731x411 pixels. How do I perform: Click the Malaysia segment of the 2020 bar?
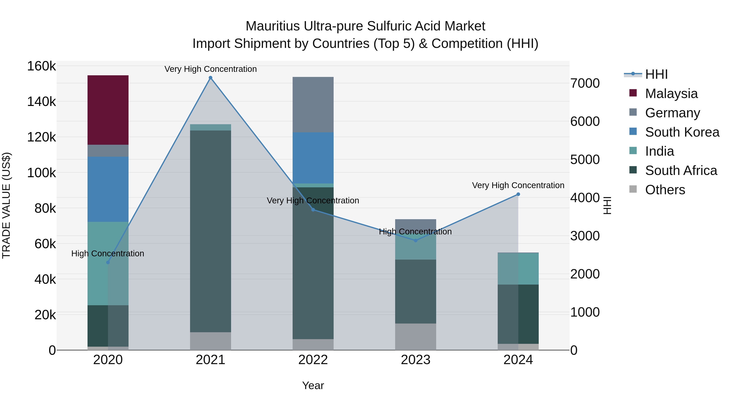pyautogui.click(x=108, y=110)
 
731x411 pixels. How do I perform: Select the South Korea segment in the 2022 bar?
pyautogui.click(x=313, y=158)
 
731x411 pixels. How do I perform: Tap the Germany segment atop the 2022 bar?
pyautogui.click(x=313, y=104)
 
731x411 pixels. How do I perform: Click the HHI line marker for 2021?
pyautogui.click(x=211, y=78)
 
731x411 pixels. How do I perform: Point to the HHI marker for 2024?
pyautogui.click(x=518, y=194)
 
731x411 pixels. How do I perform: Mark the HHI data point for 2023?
pyautogui.click(x=416, y=241)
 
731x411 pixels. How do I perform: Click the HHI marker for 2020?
pyautogui.click(x=108, y=262)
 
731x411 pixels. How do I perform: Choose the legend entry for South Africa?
pyautogui.click(x=681, y=170)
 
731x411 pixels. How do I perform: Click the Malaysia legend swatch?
pyautogui.click(x=633, y=93)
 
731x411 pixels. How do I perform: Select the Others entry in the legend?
pyautogui.click(x=665, y=190)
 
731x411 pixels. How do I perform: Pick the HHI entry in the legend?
pyautogui.click(x=656, y=74)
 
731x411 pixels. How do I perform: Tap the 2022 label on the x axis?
pyautogui.click(x=313, y=360)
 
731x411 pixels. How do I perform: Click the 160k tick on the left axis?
pyautogui.click(x=41, y=66)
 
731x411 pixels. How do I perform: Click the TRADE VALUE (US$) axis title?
pyautogui.click(x=6, y=205)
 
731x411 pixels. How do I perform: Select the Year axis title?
pyautogui.click(x=313, y=385)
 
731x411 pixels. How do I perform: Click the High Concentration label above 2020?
pyautogui.click(x=108, y=253)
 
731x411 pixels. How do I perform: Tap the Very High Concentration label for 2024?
pyautogui.click(x=518, y=185)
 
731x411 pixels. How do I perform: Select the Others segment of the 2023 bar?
pyautogui.click(x=415, y=337)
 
